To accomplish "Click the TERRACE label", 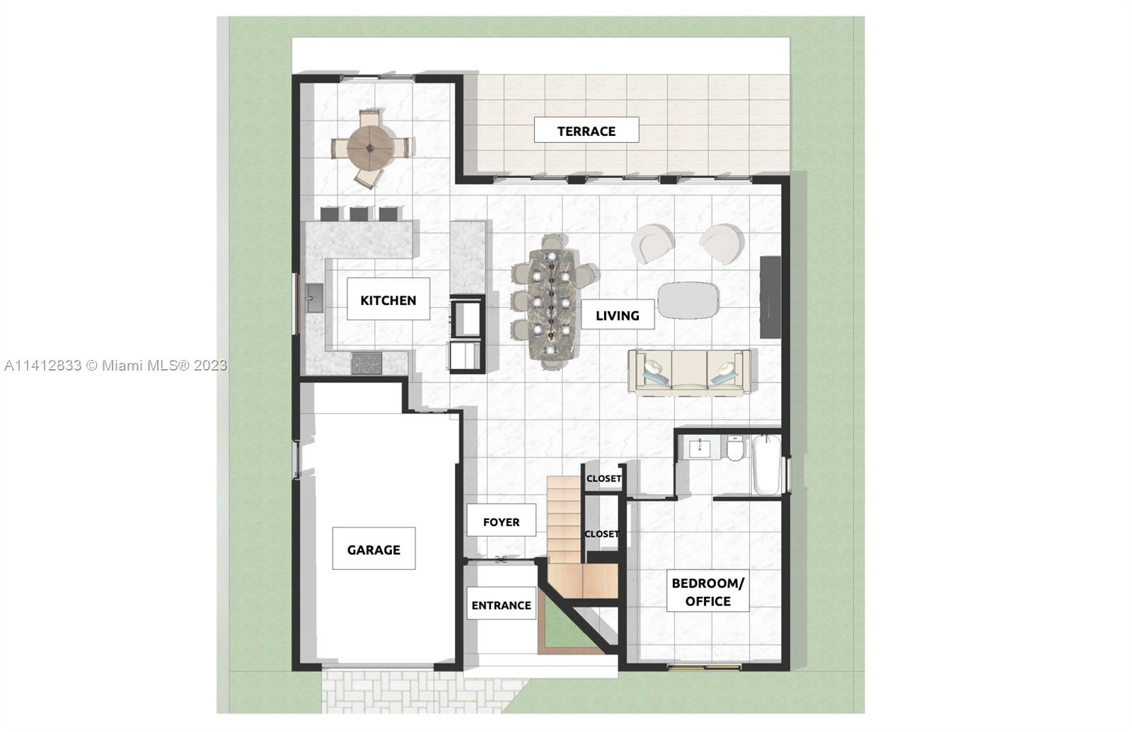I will click(x=586, y=131).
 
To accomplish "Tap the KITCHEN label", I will click(x=388, y=300).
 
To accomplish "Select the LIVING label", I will click(x=617, y=315).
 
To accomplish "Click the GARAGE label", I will click(x=374, y=549).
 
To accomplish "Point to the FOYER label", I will click(x=501, y=522).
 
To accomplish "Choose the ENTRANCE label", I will click(x=501, y=605).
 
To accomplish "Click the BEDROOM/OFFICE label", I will click(x=707, y=592).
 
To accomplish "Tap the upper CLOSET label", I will click(x=603, y=478).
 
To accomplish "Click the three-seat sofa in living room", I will click(x=689, y=372).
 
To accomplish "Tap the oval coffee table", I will click(x=688, y=300).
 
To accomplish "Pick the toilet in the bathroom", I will click(x=735, y=448).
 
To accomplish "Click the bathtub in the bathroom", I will click(x=766, y=464).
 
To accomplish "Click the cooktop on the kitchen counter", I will click(x=366, y=364).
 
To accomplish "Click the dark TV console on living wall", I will click(x=770, y=297).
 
